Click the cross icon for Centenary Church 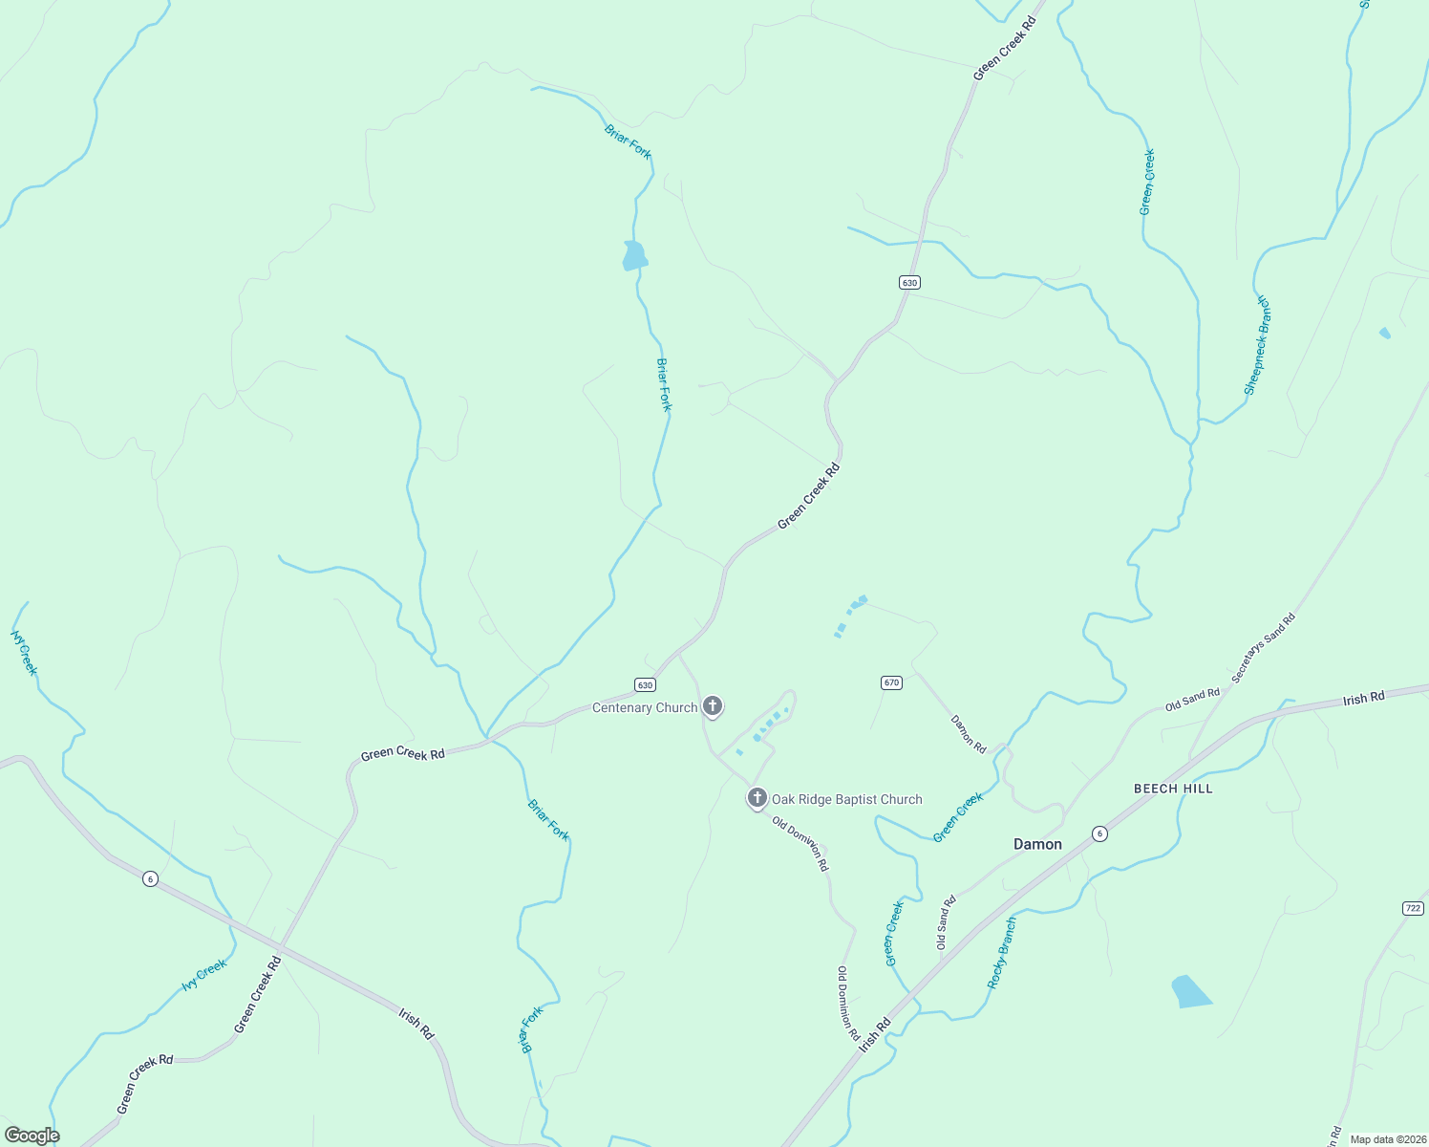(712, 706)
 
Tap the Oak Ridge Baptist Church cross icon (757, 797)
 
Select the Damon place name (1037, 844)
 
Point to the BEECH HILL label (1173, 789)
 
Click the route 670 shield (891, 682)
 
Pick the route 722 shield (1414, 907)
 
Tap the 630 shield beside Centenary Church (645, 685)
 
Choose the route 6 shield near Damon (1100, 833)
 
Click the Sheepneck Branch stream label (1257, 345)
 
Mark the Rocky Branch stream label (1002, 953)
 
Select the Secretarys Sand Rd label (1263, 647)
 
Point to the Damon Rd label (969, 733)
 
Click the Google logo (32, 1136)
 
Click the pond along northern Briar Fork (634, 256)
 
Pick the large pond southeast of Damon (1189, 992)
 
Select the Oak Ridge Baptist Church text (847, 799)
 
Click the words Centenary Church (645, 707)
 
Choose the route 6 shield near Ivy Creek (150, 878)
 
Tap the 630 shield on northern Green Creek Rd (909, 282)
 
